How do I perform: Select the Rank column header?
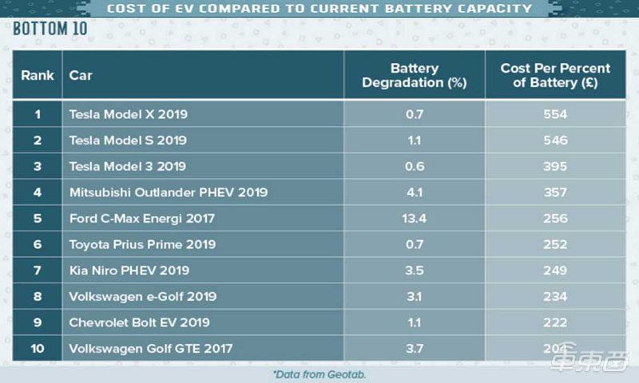click(38, 75)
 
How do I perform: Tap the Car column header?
click(81, 75)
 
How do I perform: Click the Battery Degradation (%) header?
click(414, 75)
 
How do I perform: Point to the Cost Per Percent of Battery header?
click(555, 75)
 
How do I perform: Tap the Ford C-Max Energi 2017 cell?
click(142, 219)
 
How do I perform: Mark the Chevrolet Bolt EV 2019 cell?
click(140, 322)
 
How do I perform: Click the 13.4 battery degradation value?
click(414, 219)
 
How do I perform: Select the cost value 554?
click(554, 114)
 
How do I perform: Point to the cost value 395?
click(554, 166)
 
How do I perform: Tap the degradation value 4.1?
click(414, 192)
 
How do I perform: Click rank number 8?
click(37, 297)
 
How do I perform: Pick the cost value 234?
click(554, 297)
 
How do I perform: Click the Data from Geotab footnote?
click(319, 373)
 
